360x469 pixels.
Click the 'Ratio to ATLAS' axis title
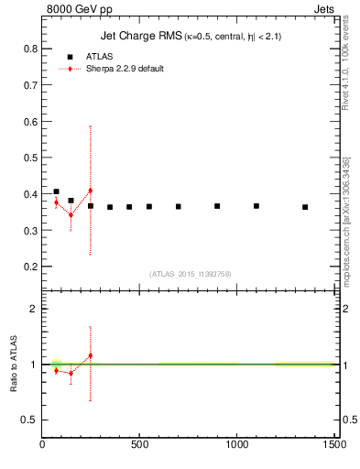point(14,364)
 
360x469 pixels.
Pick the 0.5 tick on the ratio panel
point(27,420)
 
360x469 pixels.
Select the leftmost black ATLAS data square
point(56,191)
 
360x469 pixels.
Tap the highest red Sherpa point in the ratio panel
point(90,355)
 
